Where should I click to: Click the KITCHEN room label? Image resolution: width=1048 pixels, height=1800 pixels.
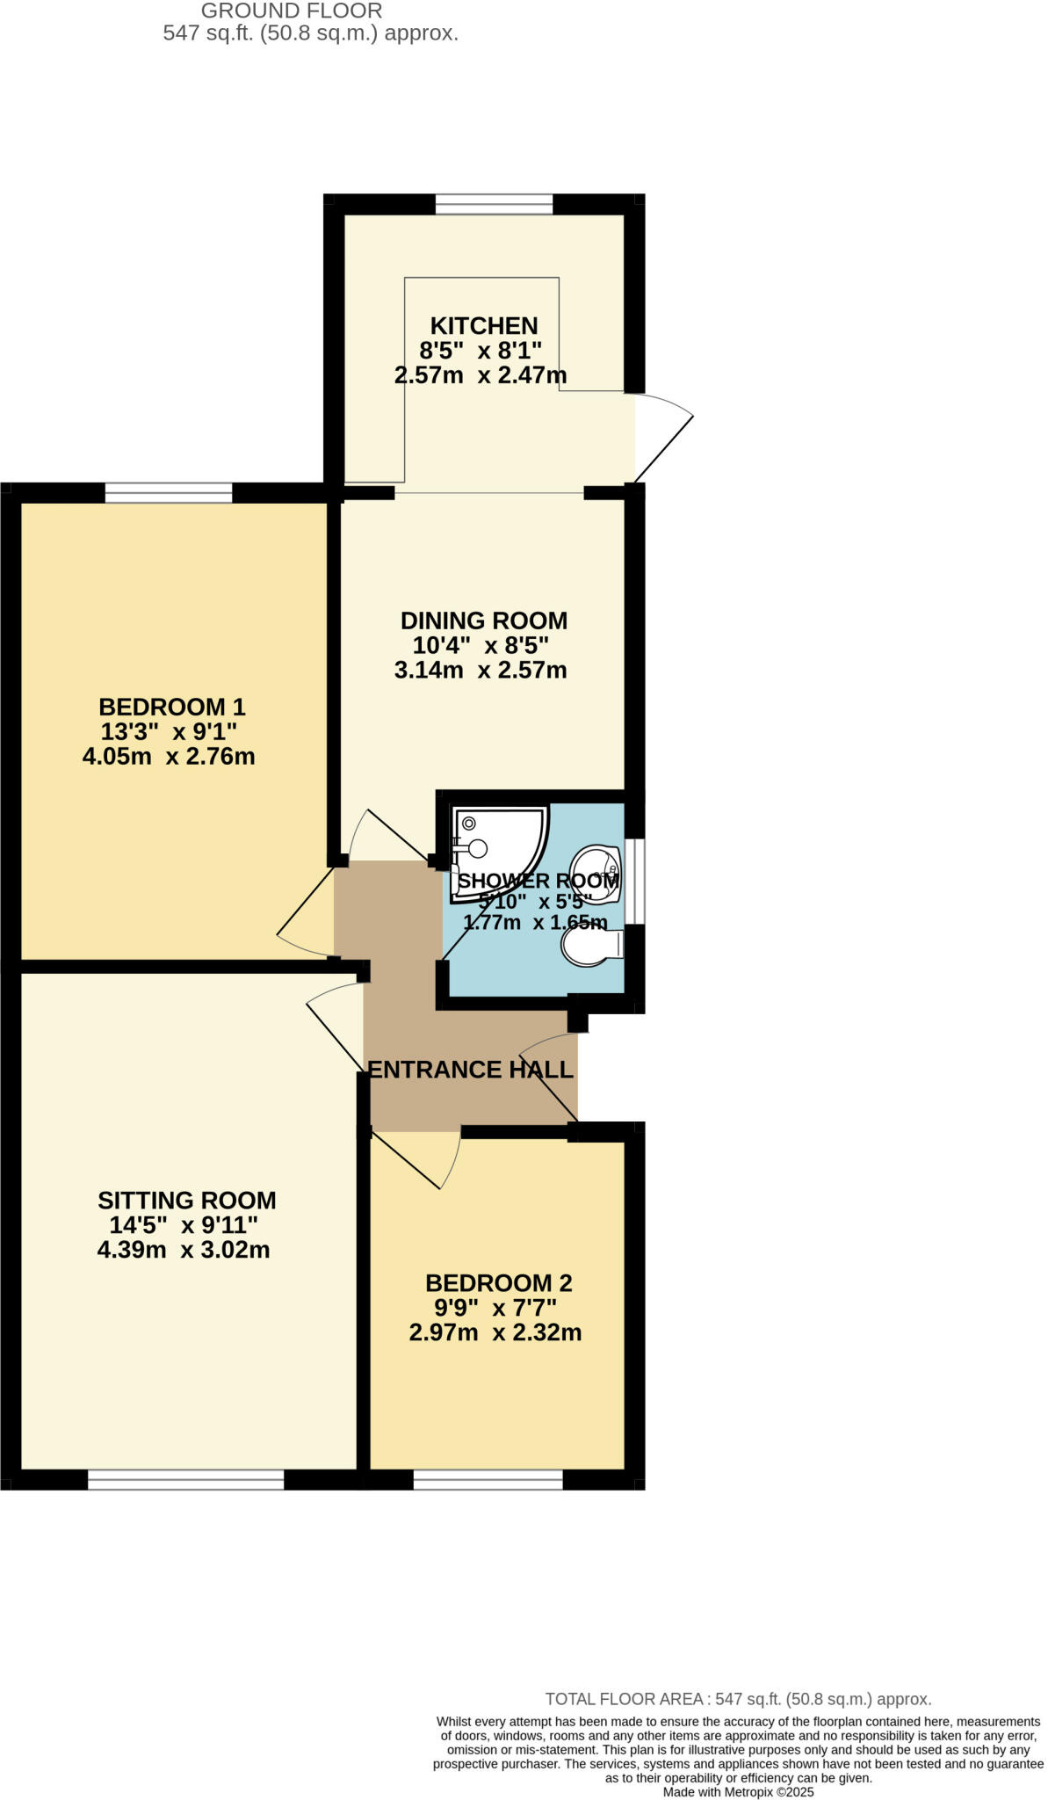click(483, 326)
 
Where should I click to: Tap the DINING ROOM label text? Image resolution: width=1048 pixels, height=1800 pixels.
click(483, 621)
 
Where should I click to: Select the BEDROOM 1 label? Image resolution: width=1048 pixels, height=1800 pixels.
click(171, 707)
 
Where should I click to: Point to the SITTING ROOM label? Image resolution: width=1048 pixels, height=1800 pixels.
click(186, 1201)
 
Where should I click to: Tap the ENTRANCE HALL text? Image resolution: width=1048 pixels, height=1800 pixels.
click(470, 1070)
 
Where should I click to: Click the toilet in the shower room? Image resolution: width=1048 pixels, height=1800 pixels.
click(589, 947)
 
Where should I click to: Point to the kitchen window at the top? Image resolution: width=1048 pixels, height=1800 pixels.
click(494, 205)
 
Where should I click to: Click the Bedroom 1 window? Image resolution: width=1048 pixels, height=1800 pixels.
click(169, 493)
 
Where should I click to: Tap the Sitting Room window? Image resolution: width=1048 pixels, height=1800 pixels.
click(185, 1480)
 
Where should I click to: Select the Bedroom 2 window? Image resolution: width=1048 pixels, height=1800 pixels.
click(488, 1480)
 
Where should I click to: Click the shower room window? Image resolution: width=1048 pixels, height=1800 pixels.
click(635, 881)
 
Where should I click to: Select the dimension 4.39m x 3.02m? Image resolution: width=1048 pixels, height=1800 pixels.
click(184, 1250)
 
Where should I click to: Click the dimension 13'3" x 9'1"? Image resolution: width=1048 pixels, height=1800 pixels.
click(169, 731)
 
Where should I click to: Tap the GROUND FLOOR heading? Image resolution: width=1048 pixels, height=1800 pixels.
click(292, 11)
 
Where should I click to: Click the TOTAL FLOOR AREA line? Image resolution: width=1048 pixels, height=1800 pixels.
click(738, 1699)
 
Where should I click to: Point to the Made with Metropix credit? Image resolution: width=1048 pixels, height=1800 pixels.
click(738, 1791)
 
